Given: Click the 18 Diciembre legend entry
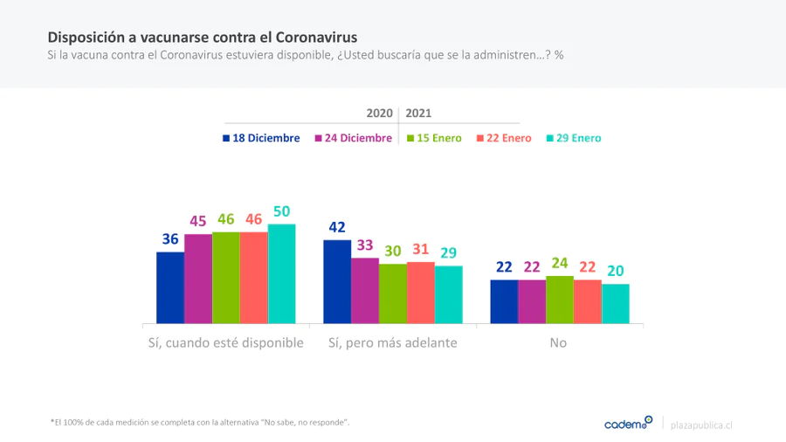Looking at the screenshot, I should [261, 138].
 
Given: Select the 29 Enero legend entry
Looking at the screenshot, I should [573, 138].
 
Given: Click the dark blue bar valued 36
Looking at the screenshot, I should [170, 287].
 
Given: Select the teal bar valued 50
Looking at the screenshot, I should [281, 273].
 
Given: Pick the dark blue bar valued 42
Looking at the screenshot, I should [337, 281].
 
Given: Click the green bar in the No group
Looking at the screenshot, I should [560, 300].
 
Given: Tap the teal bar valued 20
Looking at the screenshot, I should [616, 303].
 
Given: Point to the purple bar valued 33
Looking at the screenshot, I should [365, 290].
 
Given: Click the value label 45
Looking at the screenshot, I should [198, 222].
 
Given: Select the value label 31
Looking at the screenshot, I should [421, 250].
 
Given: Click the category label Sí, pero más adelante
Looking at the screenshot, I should [393, 343].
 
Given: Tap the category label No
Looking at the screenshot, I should [558, 343].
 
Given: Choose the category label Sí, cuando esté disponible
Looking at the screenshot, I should [225, 343].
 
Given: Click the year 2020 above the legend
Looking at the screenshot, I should [379, 114].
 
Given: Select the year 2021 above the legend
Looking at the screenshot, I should [418, 114].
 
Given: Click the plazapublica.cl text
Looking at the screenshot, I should [701, 425].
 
